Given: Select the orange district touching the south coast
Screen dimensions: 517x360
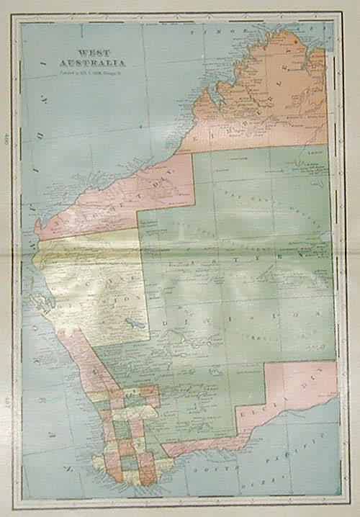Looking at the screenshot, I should pyautogui.click(x=147, y=468).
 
